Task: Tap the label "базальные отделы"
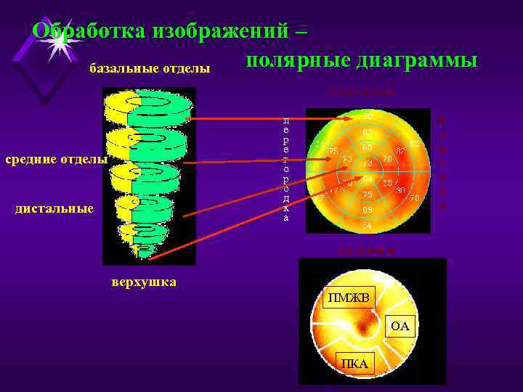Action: click(150, 69)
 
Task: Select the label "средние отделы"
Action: click(55, 158)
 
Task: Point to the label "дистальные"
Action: click(54, 209)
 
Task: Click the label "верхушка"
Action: click(144, 282)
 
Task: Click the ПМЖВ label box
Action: click(348, 298)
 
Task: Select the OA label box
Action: click(400, 327)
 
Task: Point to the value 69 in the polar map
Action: click(368, 210)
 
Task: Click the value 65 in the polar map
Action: click(368, 147)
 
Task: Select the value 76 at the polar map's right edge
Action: click(414, 198)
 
